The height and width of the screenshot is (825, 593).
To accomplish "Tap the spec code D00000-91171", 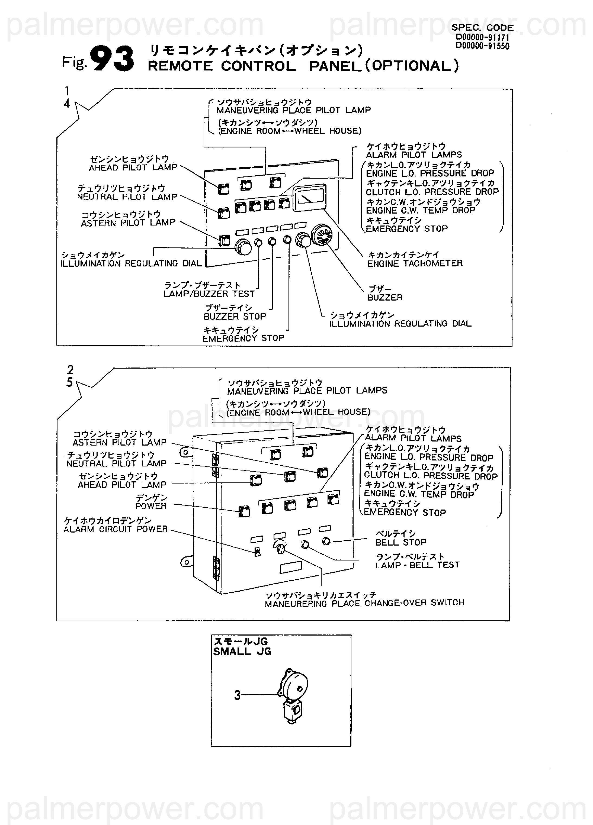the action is [x=482, y=37].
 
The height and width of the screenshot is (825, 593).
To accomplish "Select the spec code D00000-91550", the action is [x=482, y=46].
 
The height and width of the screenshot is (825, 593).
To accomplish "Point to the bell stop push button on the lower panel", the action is [x=326, y=541].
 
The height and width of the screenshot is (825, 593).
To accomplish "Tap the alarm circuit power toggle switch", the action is [x=257, y=552].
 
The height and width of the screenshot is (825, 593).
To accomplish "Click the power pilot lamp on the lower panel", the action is [x=244, y=511].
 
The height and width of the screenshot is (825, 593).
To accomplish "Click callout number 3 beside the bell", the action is [x=237, y=695].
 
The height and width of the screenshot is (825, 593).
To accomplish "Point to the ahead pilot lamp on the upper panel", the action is [x=223, y=188].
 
